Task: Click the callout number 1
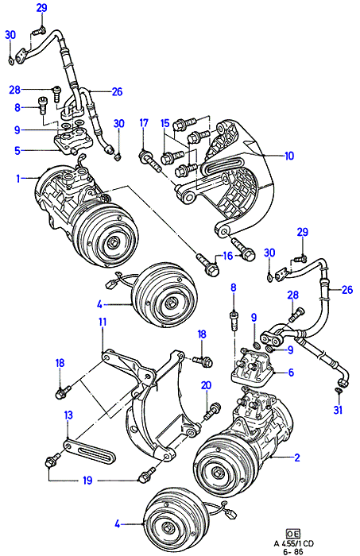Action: (18, 179)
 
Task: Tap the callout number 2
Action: (297, 457)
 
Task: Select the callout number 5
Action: (17, 151)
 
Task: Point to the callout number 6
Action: (291, 373)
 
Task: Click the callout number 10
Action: (289, 156)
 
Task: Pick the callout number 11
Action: (103, 322)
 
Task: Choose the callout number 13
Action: (68, 415)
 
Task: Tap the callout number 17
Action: (144, 123)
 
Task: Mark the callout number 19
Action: (87, 481)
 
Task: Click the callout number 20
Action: (206, 385)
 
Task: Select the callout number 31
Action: (338, 410)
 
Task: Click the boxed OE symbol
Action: (293, 533)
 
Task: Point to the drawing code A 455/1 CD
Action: (294, 542)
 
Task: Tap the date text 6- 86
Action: (294, 552)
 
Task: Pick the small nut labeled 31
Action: (339, 391)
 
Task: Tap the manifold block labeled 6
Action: (253, 368)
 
